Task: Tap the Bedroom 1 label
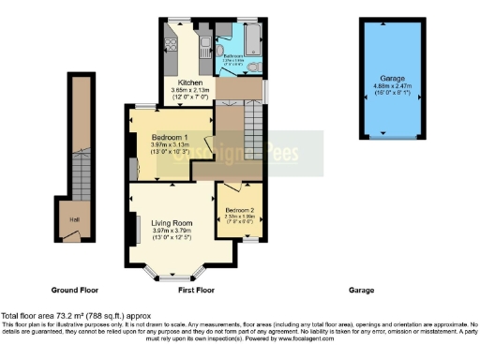(x=170, y=139)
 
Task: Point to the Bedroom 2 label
(x=239, y=209)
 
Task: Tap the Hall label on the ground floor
(x=73, y=219)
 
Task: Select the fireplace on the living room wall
(x=134, y=229)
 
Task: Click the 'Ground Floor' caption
(x=76, y=291)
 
